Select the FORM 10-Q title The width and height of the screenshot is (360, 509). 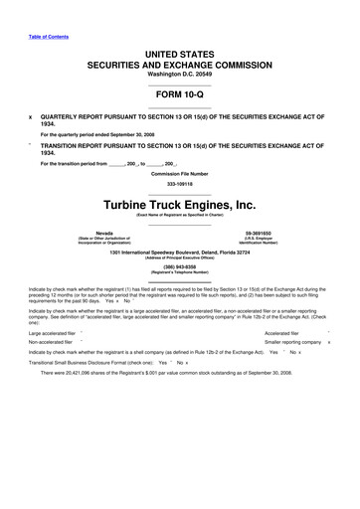click(179, 95)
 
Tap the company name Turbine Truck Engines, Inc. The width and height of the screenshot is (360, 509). click(179, 205)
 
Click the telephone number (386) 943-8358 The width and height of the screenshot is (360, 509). click(179, 267)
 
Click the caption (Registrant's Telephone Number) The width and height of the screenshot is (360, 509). click(179, 273)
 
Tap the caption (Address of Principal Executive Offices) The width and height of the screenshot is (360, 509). click(179, 256)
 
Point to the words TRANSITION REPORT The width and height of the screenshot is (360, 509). click(80, 145)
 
